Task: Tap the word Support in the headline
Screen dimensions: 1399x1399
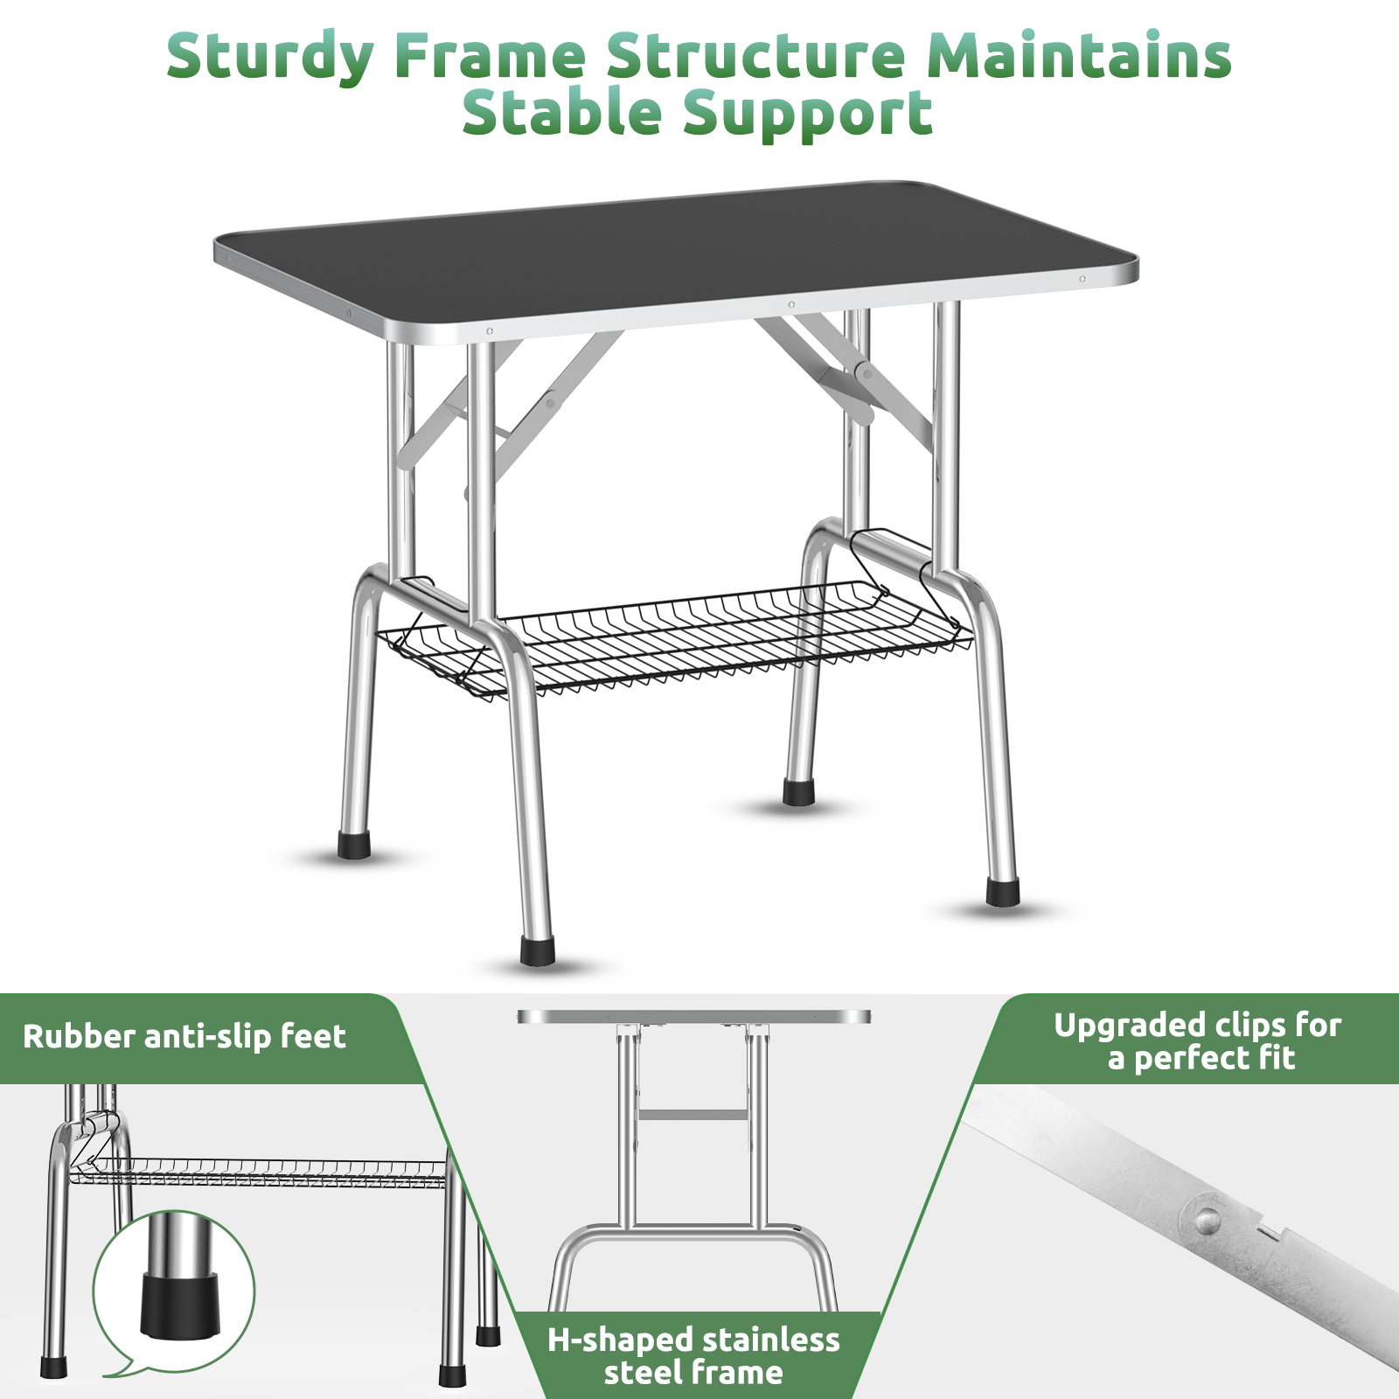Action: pyautogui.click(x=807, y=114)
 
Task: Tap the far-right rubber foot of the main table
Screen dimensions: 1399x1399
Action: pyautogui.click(x=1002, y=893)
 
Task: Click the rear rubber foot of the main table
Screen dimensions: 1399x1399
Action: pyautogui.click(x=797, y=792)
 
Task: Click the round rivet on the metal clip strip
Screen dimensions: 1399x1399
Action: pyautogui.click(x=1207, y=1219)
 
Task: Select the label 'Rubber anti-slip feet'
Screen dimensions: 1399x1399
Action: pyautogui.click(x=184, y=1037)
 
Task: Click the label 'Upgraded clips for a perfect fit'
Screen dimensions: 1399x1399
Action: pyautogui.click(x=1197, y=1041)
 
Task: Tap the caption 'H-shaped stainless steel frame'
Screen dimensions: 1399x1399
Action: pyautogui.click(x=693, y=1355)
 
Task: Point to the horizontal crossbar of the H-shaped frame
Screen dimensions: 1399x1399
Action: pyautogui.click(x=693, y=1115)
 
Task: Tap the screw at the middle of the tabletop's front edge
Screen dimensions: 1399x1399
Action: pyautogui.click(x=791, y=304)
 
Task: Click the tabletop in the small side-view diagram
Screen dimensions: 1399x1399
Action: pyautogui.click(x=693, y=1016)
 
